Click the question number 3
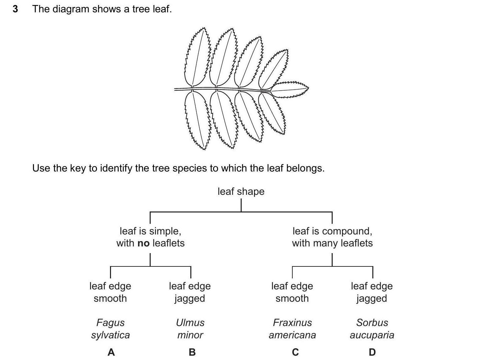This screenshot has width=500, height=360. [x=15, y=9]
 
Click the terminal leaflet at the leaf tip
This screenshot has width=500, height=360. [x=289, y=89]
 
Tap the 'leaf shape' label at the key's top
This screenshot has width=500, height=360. [x=241, y=191]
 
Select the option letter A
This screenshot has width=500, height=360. [x=111, y=352]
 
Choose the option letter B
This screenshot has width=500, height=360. [x=192, y=352]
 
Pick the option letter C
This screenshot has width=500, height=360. [x=295, y=352]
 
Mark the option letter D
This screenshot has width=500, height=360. [x=372, y=352]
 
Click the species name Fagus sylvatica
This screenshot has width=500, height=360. [x=110, y=329]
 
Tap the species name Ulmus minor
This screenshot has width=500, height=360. [x=190, y=329]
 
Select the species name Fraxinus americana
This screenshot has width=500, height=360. [x=292, y=329]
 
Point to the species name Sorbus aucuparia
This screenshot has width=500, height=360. [x=372, y=329]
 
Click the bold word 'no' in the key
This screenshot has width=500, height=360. [x=143, y=243]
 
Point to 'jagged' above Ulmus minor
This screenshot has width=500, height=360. [x=190, y=299]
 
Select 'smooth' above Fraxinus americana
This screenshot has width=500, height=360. [x=292, y=298]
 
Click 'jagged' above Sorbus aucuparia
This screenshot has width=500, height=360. [x=372, y=299]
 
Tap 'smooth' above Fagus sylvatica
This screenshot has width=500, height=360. [x=110, y=298]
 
